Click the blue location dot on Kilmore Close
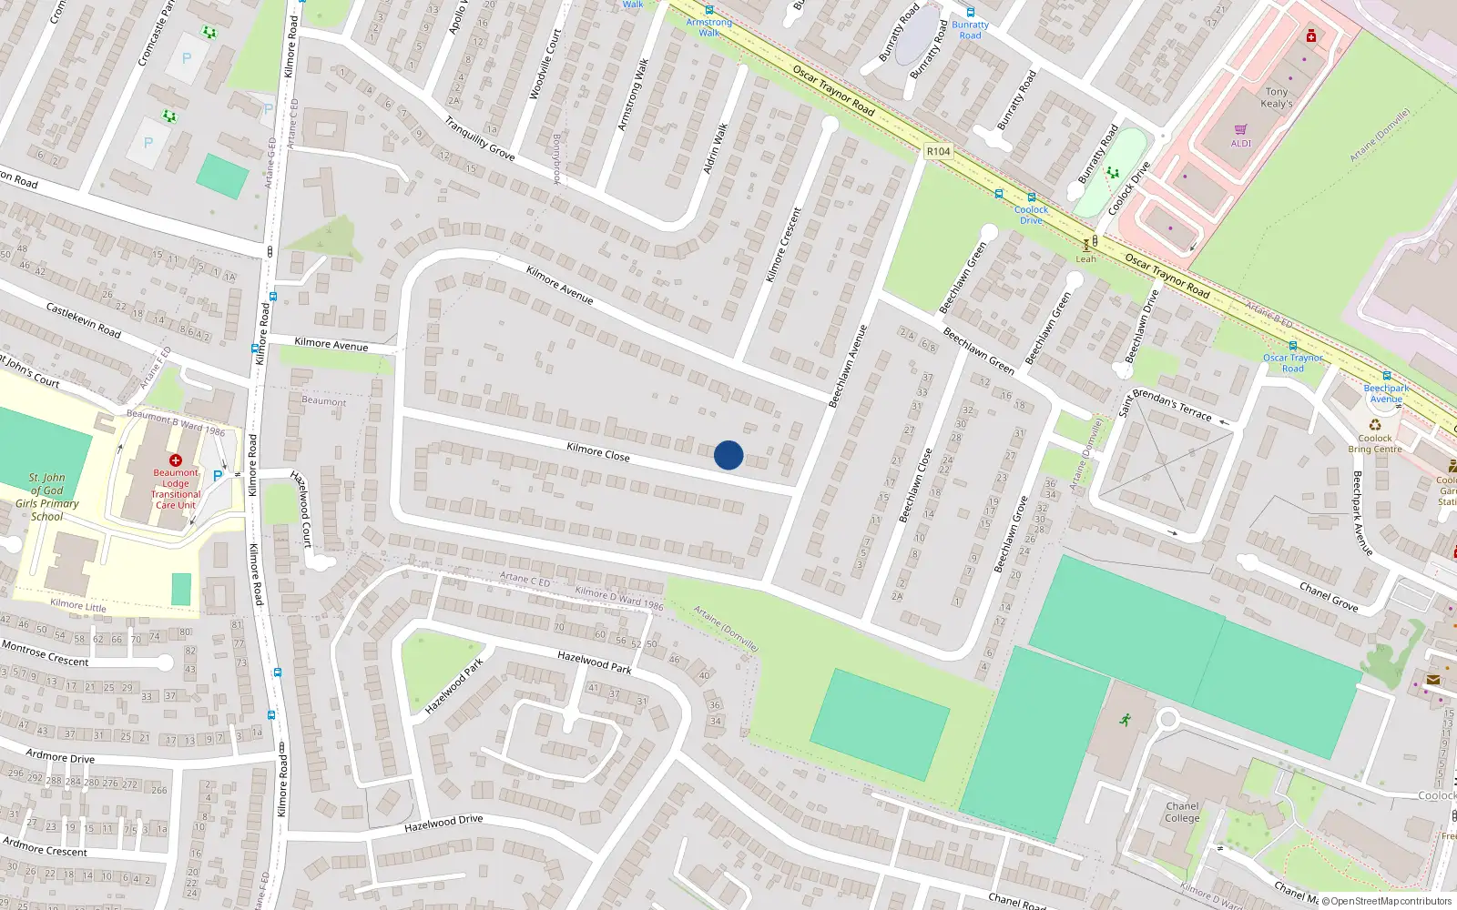728,455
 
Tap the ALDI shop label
1241,143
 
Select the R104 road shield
938,152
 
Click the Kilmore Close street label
597,451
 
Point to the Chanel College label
1182,812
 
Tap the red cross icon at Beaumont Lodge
176,460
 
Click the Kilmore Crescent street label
783,245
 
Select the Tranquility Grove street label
480,138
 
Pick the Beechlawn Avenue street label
848,366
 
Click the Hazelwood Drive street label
443,824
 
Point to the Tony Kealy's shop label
1277,97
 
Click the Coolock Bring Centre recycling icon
1375,425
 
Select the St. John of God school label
47,497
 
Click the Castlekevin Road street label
84,320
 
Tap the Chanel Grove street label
1329,596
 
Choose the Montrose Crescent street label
46,653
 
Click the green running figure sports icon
1126,720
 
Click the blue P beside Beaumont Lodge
218,475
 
